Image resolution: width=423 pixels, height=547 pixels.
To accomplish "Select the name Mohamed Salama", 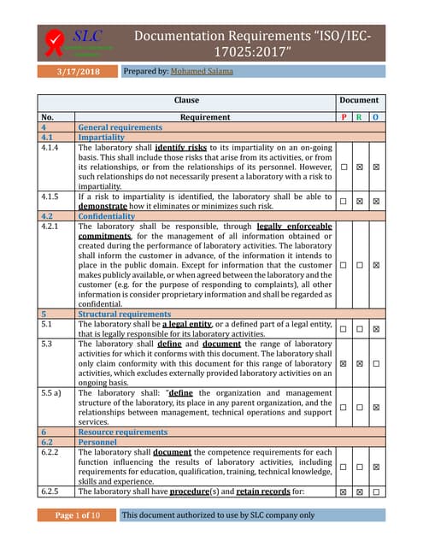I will pos(202,71).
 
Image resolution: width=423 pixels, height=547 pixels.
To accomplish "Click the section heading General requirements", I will pos(120,127).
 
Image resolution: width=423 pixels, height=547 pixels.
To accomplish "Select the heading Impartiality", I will pos(101,137).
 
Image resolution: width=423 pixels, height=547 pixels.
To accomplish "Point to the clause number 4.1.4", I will pos(52,147).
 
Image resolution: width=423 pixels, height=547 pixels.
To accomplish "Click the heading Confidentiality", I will pos(106,217).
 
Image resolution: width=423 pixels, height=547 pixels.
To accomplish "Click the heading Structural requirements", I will pos(121,315).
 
